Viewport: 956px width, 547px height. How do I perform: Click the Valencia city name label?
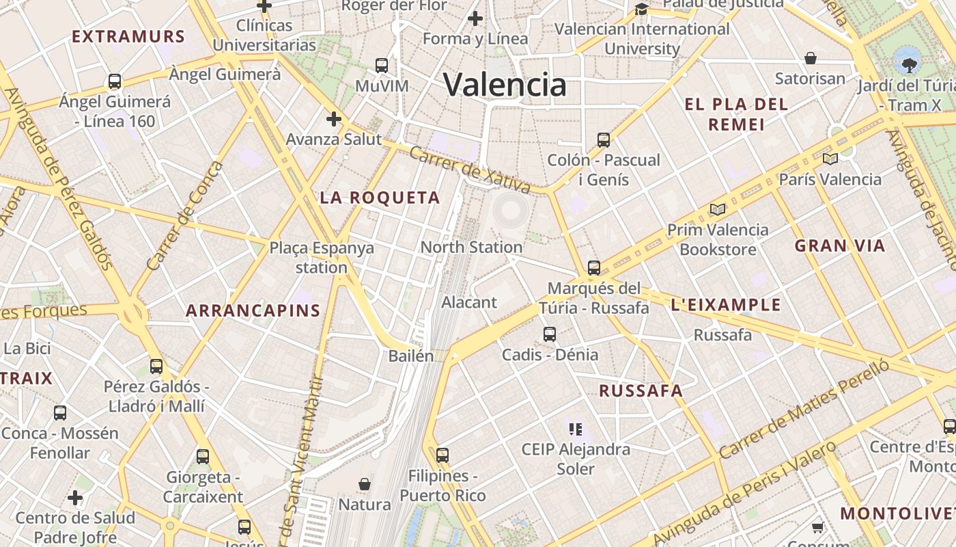pos(505,85)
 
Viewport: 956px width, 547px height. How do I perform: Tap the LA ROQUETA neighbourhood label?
pos(380,198)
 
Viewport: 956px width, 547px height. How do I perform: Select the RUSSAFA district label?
pos(641,391)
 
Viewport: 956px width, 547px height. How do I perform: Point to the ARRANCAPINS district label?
pos(253,311)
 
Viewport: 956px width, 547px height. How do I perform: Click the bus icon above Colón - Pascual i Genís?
pos(604,140)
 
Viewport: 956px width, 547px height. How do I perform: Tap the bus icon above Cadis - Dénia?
pos(550,334)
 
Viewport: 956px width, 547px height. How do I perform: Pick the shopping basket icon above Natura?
pos(365,484)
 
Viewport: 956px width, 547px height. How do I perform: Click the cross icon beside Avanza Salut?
pos(333,120)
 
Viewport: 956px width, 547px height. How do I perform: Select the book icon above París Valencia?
pos(830,159)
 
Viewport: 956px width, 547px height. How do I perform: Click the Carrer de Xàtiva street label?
pos(470,170)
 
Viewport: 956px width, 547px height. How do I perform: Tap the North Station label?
pos(471,247)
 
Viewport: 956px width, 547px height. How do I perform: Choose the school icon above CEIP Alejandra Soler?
pos(575,429)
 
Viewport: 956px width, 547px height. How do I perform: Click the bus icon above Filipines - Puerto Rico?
pos(442,455)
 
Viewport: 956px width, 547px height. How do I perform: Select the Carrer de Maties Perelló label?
pos(804,408)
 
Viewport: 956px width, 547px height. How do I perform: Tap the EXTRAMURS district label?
pos(128,37)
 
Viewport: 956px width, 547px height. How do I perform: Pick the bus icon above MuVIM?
pos(382,66)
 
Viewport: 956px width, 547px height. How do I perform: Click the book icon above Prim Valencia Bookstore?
pos(717,209)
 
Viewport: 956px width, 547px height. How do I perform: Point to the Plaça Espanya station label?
pos(322,257)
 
